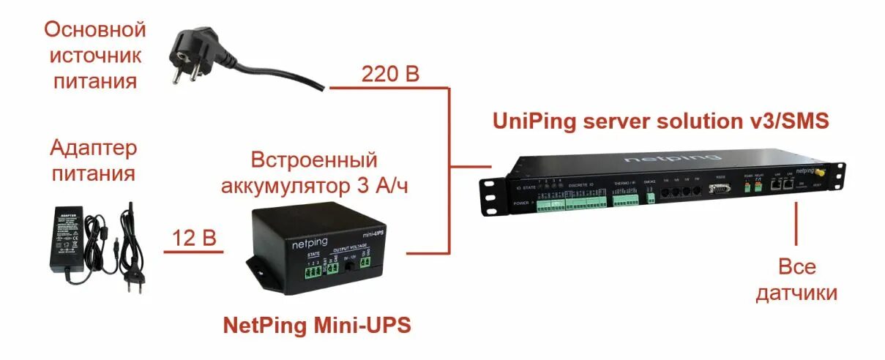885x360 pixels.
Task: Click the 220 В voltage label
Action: pos(390,74)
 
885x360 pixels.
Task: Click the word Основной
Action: pos(95,30)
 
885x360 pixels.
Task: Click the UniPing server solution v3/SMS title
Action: pos(661,120)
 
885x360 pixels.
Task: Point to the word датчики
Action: pos(796,293)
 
